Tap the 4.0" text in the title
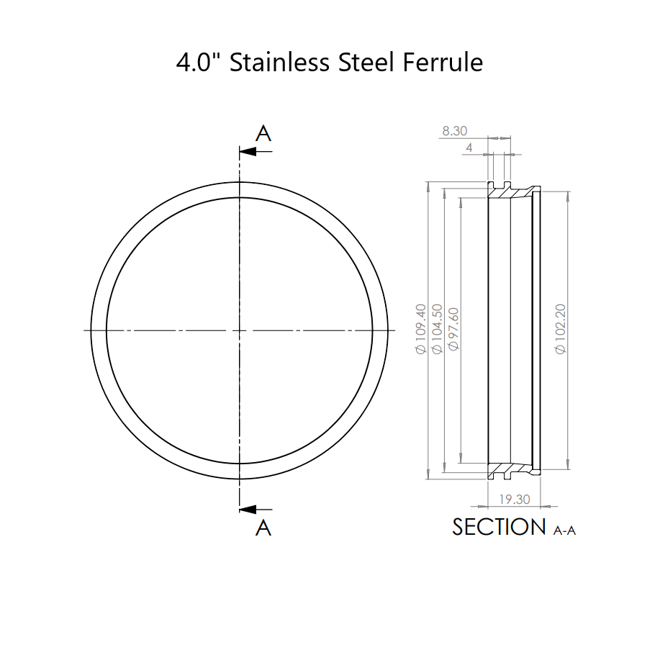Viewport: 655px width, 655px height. [x=200, y=63]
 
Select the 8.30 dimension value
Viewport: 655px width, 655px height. [x=455, y=131]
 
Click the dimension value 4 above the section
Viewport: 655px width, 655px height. [x=469, y=148]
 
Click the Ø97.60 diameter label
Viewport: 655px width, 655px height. [x=453, y=329]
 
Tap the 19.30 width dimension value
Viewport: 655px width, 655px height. [x=514, y=499]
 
